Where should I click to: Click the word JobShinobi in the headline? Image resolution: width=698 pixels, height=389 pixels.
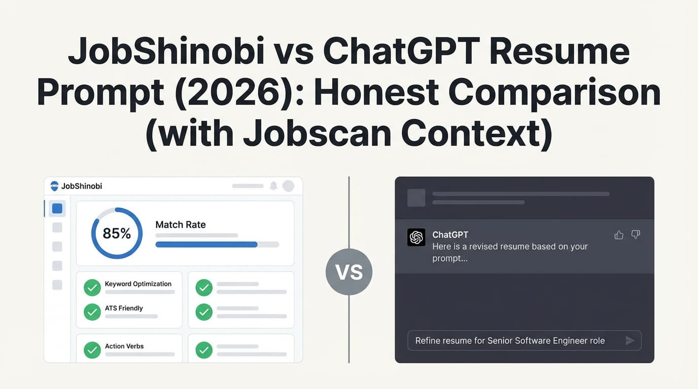click(x=166, y=51)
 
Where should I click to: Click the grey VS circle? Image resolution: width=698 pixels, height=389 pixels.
click(x=349, y=272)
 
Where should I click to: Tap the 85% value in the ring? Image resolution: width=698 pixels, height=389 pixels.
click(x=117, y=234)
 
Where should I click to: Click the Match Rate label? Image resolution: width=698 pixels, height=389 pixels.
click(x=181, y=224)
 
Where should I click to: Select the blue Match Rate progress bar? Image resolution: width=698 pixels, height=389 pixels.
click(x=206, y=244)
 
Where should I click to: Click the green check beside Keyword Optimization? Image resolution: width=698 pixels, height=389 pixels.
click(x=92, y=288)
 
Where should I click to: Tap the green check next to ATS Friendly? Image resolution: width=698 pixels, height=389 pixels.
click(x=92, y=312)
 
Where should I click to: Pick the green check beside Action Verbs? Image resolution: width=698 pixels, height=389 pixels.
click(x=92, y=350)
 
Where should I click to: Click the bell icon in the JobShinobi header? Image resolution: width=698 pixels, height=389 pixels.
click(x=273, y=186)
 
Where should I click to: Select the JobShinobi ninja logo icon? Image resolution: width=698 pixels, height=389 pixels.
click(x=54, y=186)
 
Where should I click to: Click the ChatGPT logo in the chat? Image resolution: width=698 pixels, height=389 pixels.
click(x=416, y=237)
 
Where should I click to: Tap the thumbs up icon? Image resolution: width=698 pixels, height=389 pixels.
click(x=619, y=235)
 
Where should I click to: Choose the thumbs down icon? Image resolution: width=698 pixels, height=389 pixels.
click(x=636, y=235)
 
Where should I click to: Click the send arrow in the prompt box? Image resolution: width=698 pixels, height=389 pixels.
click(x=630, y=340)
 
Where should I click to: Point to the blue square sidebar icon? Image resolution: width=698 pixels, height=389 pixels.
click(x=57, y=208)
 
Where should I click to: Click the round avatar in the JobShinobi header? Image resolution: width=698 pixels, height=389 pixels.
click(x=288, y=186)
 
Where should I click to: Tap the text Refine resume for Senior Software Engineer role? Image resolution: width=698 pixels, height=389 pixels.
click(x=510, y=340)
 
